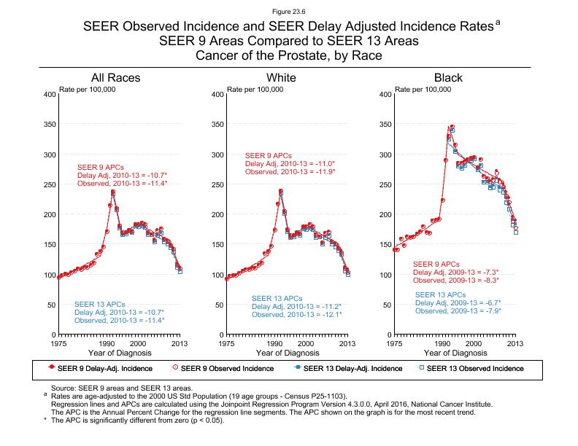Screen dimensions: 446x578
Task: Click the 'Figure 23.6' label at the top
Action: click(x=288, y=11)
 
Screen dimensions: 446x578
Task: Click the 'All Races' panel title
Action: click(x=115, y=78)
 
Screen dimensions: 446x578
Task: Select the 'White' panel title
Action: click(x=282, y=78)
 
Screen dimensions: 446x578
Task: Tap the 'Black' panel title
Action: click(x=448, y=78)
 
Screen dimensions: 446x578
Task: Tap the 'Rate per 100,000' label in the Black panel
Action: click(x=423, y=89)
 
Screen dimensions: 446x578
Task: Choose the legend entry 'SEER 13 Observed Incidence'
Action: click(x=474, y=369)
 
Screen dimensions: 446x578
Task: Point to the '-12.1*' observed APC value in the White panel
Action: click(x=328, y=316)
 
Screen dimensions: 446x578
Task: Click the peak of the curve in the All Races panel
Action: click(x=113, y=192)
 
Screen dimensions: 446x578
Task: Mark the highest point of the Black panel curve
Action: click(x=452, y=127)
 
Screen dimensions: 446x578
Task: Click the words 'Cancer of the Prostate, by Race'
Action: click(x=288, y=55)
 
